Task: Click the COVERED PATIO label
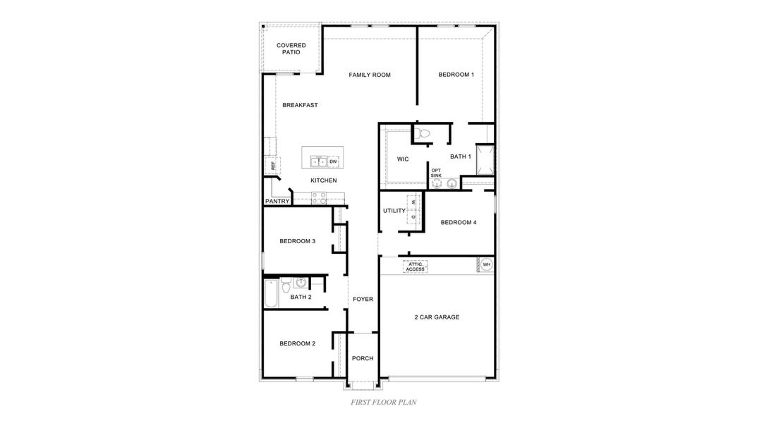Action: (291, 49)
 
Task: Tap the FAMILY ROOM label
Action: (370, 75)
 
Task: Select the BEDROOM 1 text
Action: (456, 75)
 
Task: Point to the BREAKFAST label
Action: (300, 105)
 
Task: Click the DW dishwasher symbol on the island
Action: (333, 161)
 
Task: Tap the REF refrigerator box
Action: (272, 166)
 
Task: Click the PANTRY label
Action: (277, 201)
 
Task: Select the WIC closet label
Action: (403, 159)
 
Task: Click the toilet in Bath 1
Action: (423, 133)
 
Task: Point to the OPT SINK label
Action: (436, 172)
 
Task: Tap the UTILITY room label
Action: (394, 211)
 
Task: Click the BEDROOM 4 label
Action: (459, 222)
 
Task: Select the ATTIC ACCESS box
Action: (416, 266)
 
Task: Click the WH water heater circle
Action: (487, 265)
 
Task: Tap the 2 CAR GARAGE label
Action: (437, 317)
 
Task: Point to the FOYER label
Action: (363, 299)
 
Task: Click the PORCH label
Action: (363, 358)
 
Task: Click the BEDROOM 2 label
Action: (297, 343)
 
